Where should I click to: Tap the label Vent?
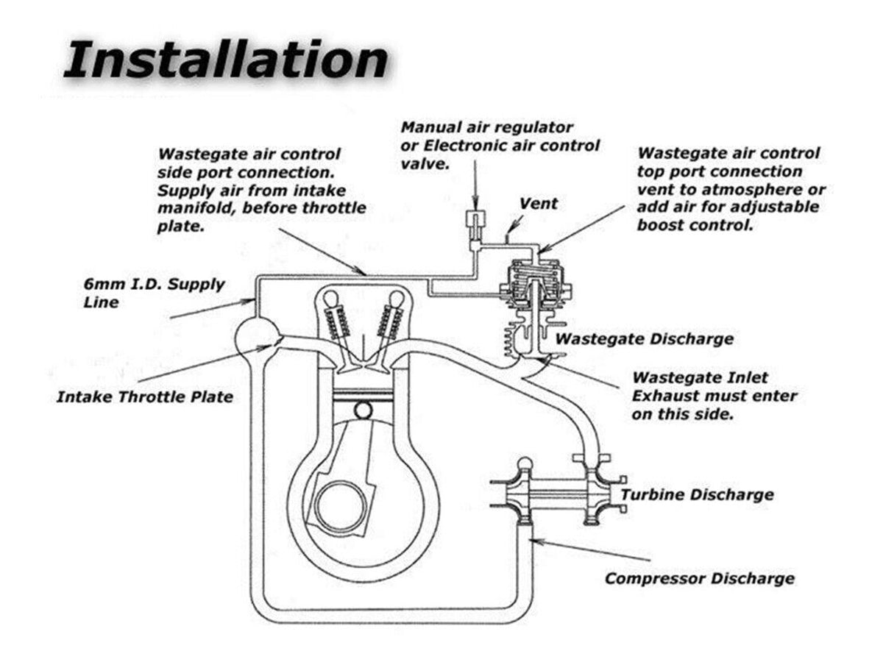[x=539, y=204]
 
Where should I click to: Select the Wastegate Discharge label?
[x=644, y=339]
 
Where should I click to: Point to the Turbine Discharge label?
[x=697, y=494]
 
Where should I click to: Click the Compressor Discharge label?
[x=699, y=578]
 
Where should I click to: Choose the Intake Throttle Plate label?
[x=145, y=397]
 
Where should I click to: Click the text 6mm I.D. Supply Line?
[x=154, y=292]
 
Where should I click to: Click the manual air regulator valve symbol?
[x=475, y=218]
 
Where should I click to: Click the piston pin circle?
[x=362, y=408]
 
